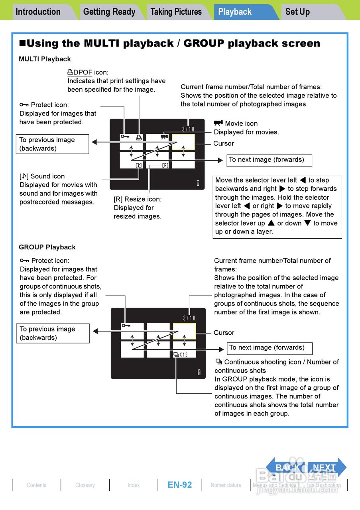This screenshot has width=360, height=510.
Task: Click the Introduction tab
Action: coord(38,12)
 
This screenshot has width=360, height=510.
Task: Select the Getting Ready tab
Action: coord(109,12)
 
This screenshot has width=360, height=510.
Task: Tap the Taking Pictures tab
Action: coord(176,12)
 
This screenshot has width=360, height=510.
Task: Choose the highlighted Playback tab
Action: coord(235,12)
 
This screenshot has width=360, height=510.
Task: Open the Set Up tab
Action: coord(297,12)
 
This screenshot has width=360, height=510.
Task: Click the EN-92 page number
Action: coord(180,485)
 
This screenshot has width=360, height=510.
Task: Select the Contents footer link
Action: coord(36,485)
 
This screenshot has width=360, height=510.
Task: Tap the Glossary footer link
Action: coord(85,485)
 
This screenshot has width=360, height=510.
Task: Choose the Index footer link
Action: coord(134,485)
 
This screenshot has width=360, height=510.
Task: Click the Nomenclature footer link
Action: coord(226,485)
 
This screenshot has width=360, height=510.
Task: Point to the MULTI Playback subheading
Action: coord(45,59)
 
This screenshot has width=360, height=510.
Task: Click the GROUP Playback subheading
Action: coord(47,247)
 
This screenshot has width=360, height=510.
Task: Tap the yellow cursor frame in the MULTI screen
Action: coord(183,142)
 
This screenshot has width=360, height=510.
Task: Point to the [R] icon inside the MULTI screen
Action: coord(165,165)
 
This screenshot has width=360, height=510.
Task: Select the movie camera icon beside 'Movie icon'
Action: coord(218,123)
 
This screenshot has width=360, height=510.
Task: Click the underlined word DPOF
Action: coord(83,72)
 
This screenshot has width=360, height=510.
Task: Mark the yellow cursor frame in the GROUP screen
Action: coord(184,331)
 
